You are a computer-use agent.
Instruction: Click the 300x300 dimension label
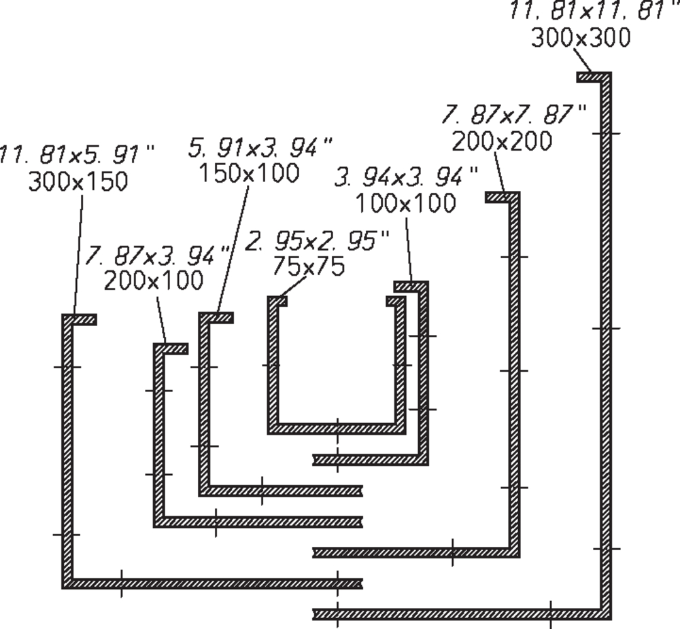tap(581, 37)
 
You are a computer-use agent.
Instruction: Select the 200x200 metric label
tap(502, 141)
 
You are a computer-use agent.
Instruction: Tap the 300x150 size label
tap(78, 181)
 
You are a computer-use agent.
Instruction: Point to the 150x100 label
tap(249, 173)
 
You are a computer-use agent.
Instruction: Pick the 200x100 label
tap(154, 281)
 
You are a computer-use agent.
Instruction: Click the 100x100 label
tap(406, 202)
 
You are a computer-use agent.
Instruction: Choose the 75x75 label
tap(308, 266)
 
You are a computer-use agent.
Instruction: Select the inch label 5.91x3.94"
tap(260, 147)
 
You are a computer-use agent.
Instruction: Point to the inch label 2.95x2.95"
tap(318, 241)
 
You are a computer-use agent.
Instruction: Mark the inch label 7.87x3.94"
tap(156, 256)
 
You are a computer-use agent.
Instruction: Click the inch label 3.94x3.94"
tap(407, 177)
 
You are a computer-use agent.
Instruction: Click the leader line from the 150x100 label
tap(233, 249)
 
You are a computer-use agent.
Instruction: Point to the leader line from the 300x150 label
tap(78, 255)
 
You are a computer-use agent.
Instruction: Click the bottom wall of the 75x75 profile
tap(337, 429)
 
